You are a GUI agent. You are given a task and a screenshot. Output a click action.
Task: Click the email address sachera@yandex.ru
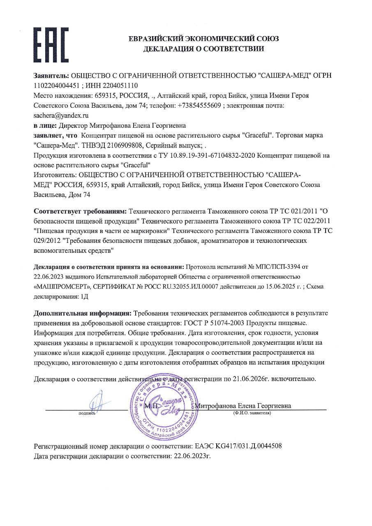(61, 115)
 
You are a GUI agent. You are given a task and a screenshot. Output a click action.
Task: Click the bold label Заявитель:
(51, 76)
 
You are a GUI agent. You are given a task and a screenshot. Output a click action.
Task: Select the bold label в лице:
(45, 125)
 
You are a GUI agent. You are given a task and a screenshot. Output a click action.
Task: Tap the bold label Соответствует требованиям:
(80, 212)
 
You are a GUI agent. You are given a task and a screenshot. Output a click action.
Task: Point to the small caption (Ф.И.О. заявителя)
(252, 413)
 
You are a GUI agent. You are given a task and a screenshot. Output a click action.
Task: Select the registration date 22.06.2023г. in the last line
(192, 456)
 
